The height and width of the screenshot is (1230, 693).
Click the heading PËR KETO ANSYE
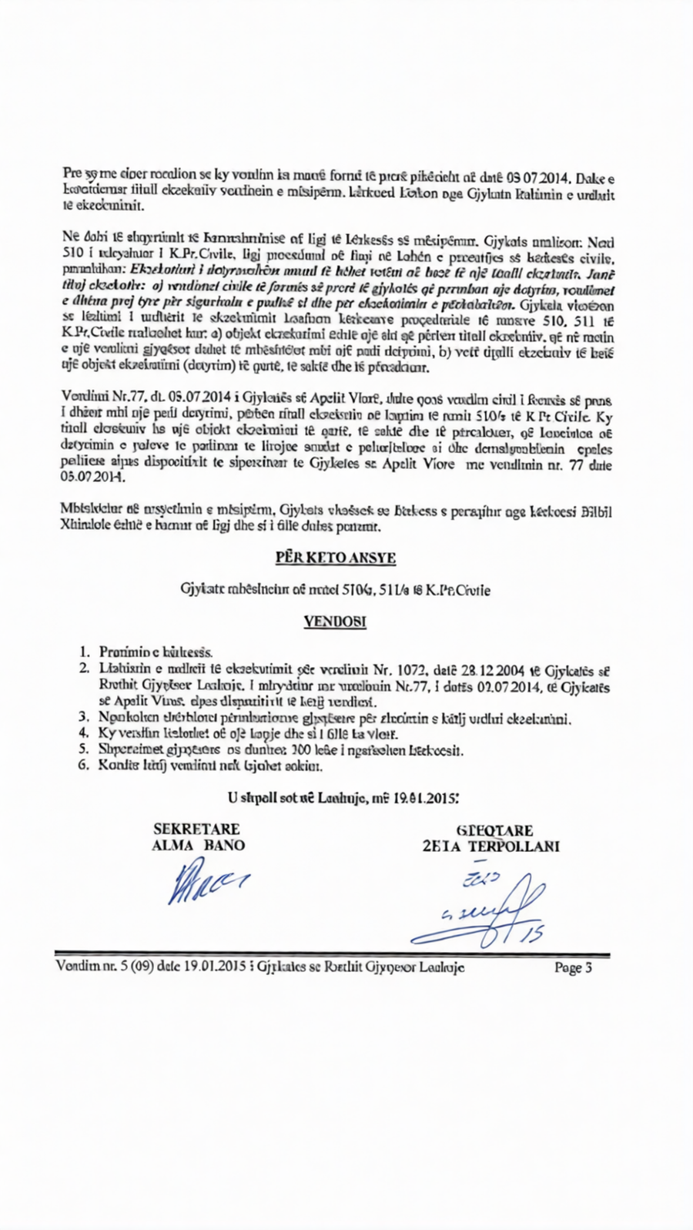(x=335, y=558)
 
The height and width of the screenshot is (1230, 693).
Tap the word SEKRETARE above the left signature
(x=196, y=829)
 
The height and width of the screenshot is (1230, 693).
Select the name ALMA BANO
(x=199, y=846)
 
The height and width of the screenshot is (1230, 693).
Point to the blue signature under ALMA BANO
(x=209, y=881)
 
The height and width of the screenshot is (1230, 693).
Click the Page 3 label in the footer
(x=573, y=967)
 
